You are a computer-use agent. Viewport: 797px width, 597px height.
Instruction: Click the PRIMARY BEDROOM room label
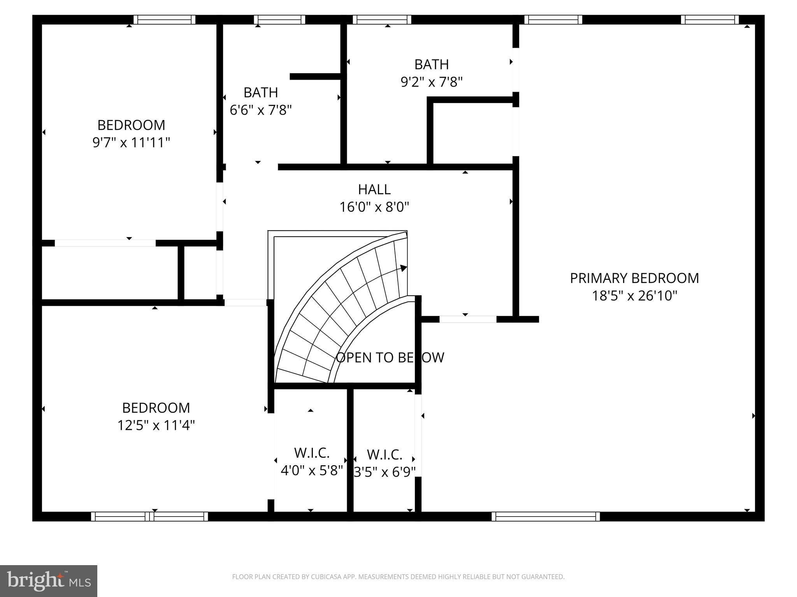coord(634,278)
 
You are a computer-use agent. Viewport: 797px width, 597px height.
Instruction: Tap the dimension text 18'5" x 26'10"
coord(634,296)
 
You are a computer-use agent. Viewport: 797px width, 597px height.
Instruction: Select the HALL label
coord(374,190)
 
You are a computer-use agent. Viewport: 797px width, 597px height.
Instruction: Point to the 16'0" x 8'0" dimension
coord(374,207)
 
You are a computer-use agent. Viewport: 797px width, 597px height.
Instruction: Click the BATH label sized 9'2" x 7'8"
coord(431,65)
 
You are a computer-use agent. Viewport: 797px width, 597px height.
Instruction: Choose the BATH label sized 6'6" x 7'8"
coord(261,93)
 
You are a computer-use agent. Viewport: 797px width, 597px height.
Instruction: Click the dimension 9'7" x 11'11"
coord(131,143)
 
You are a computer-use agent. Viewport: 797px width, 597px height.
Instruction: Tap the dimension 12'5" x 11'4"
coord(156,426)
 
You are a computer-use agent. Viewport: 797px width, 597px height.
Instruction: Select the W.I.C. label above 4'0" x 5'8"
coord(312,453)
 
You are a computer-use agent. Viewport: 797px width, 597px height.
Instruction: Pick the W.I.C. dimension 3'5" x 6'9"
coord(384,472)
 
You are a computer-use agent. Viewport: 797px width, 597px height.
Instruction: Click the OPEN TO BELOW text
coord(390,358)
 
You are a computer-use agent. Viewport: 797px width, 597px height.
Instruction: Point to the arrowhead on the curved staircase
coord(404,268)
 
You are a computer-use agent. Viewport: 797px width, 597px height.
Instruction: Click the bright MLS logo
coord(49,581)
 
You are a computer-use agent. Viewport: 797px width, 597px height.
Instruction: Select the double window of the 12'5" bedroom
coord(149,517)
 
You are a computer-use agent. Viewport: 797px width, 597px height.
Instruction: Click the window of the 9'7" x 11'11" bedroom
coord(164,20)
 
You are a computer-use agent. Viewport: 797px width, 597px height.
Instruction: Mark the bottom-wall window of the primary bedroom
coord(546,517)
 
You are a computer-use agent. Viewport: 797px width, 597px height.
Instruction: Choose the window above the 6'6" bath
coord(279,20)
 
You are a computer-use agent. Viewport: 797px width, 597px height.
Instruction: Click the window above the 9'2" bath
coord(382,20)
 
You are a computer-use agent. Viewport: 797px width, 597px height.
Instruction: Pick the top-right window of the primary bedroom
coord(709,20)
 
